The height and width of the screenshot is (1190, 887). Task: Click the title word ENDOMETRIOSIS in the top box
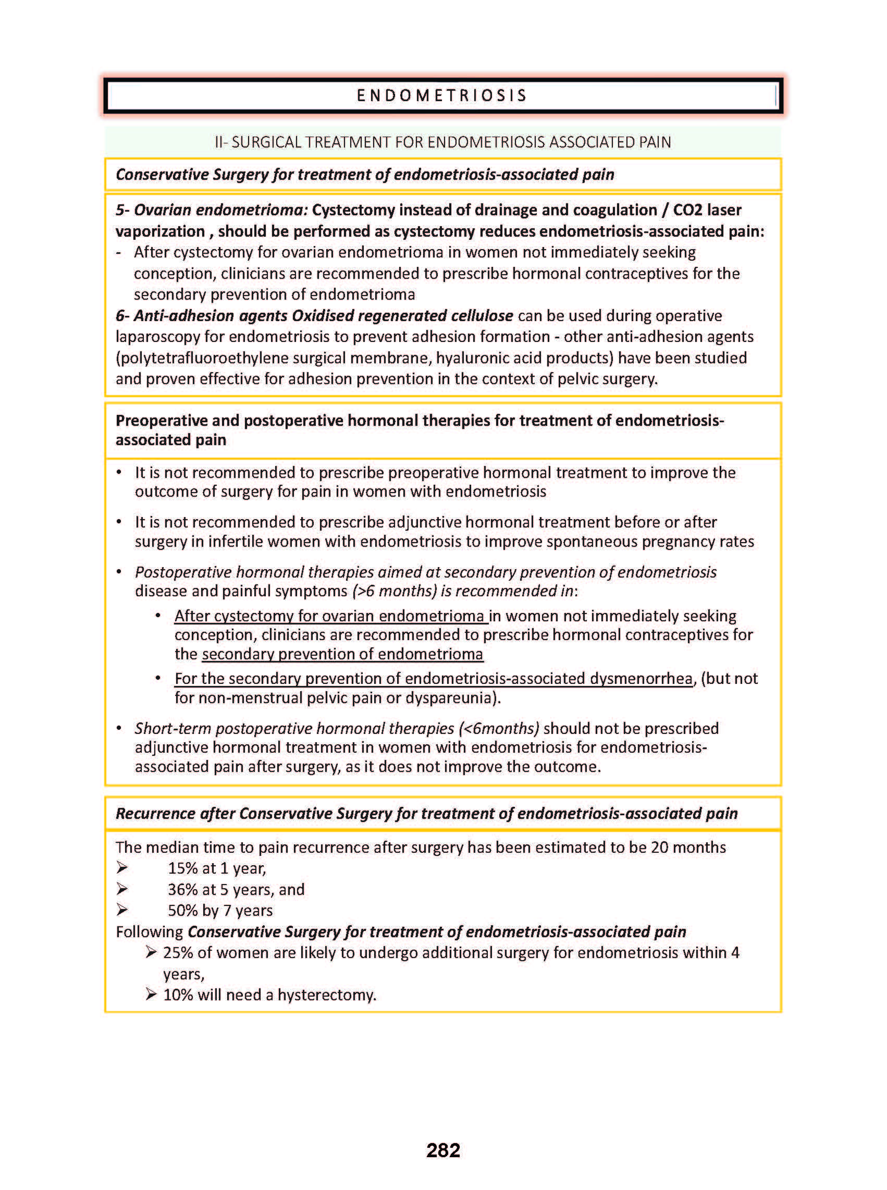coord(442,95)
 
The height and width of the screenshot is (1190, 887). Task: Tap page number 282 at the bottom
coord(443,1150)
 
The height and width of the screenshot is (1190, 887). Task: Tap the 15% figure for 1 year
coord(182,868)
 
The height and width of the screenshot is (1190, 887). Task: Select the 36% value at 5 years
coord(182,890)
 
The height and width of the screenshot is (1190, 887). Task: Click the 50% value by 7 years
coord(182,911)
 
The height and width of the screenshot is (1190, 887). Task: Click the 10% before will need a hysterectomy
coord(178,995)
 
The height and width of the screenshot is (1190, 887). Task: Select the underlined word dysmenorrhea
coord(641,679)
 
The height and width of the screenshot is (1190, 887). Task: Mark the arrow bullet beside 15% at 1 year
coord(122,868)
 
